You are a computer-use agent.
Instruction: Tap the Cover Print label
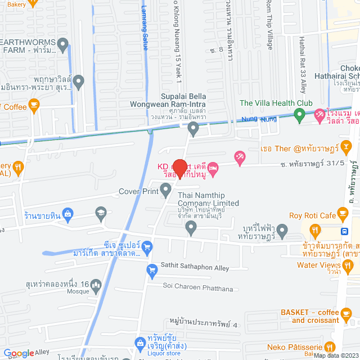138,191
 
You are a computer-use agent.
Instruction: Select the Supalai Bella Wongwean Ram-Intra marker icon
193,130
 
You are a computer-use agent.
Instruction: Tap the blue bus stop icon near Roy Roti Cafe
344,230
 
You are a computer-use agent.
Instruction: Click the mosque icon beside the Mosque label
96,287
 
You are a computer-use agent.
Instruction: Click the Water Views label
318,265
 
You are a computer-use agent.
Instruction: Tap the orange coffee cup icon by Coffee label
34,105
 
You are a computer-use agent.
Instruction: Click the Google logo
19,353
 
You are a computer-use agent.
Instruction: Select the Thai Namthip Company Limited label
209,199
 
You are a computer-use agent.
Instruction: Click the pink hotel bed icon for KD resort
214,168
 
